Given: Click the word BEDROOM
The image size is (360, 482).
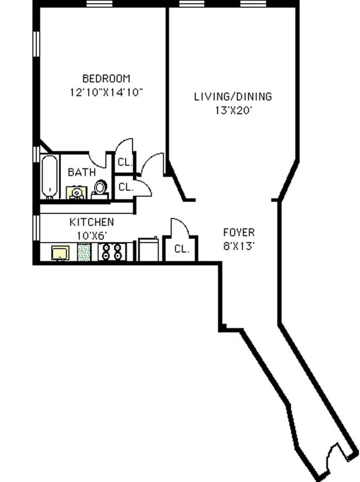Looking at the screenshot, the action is tap(106, 79).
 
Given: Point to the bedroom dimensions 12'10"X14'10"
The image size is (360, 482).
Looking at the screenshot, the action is tap(106, 92).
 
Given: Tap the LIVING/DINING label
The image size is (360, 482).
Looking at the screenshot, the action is tap(233, 97).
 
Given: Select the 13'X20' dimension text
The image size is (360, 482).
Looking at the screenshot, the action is tap(233, 110).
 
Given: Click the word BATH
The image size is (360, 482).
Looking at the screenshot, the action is tap(82, 172).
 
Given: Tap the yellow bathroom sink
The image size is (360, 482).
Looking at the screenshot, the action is tap(77, 193).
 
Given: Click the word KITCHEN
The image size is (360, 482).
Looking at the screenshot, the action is tap(92, 222).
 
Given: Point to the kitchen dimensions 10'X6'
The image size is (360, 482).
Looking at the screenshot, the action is tap(92, 236).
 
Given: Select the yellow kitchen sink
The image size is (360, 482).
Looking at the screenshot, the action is tap(60, 253).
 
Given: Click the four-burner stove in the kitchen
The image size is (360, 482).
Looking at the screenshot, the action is tap(112, 252).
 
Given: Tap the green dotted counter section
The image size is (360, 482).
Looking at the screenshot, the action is tap(84, 252).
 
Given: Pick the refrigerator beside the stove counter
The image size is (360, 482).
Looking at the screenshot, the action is tap(148, 249).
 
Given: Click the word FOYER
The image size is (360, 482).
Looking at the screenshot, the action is tap(239, 232).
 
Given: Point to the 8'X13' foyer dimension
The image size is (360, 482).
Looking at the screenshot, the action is tap(239, 246).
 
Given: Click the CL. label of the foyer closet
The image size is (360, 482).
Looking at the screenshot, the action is tap(182, 249).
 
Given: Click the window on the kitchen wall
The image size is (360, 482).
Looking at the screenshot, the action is tap(36, 228).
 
